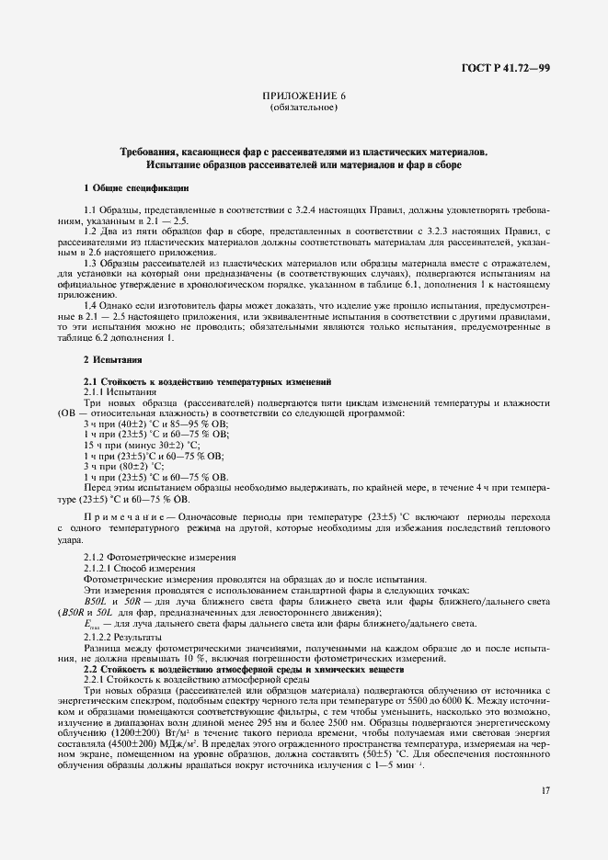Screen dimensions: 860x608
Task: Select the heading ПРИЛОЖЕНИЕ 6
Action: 304,96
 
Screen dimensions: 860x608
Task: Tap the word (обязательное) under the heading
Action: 304,107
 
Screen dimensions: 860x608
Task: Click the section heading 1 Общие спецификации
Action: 136,187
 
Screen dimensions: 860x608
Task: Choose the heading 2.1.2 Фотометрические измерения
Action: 146,558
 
